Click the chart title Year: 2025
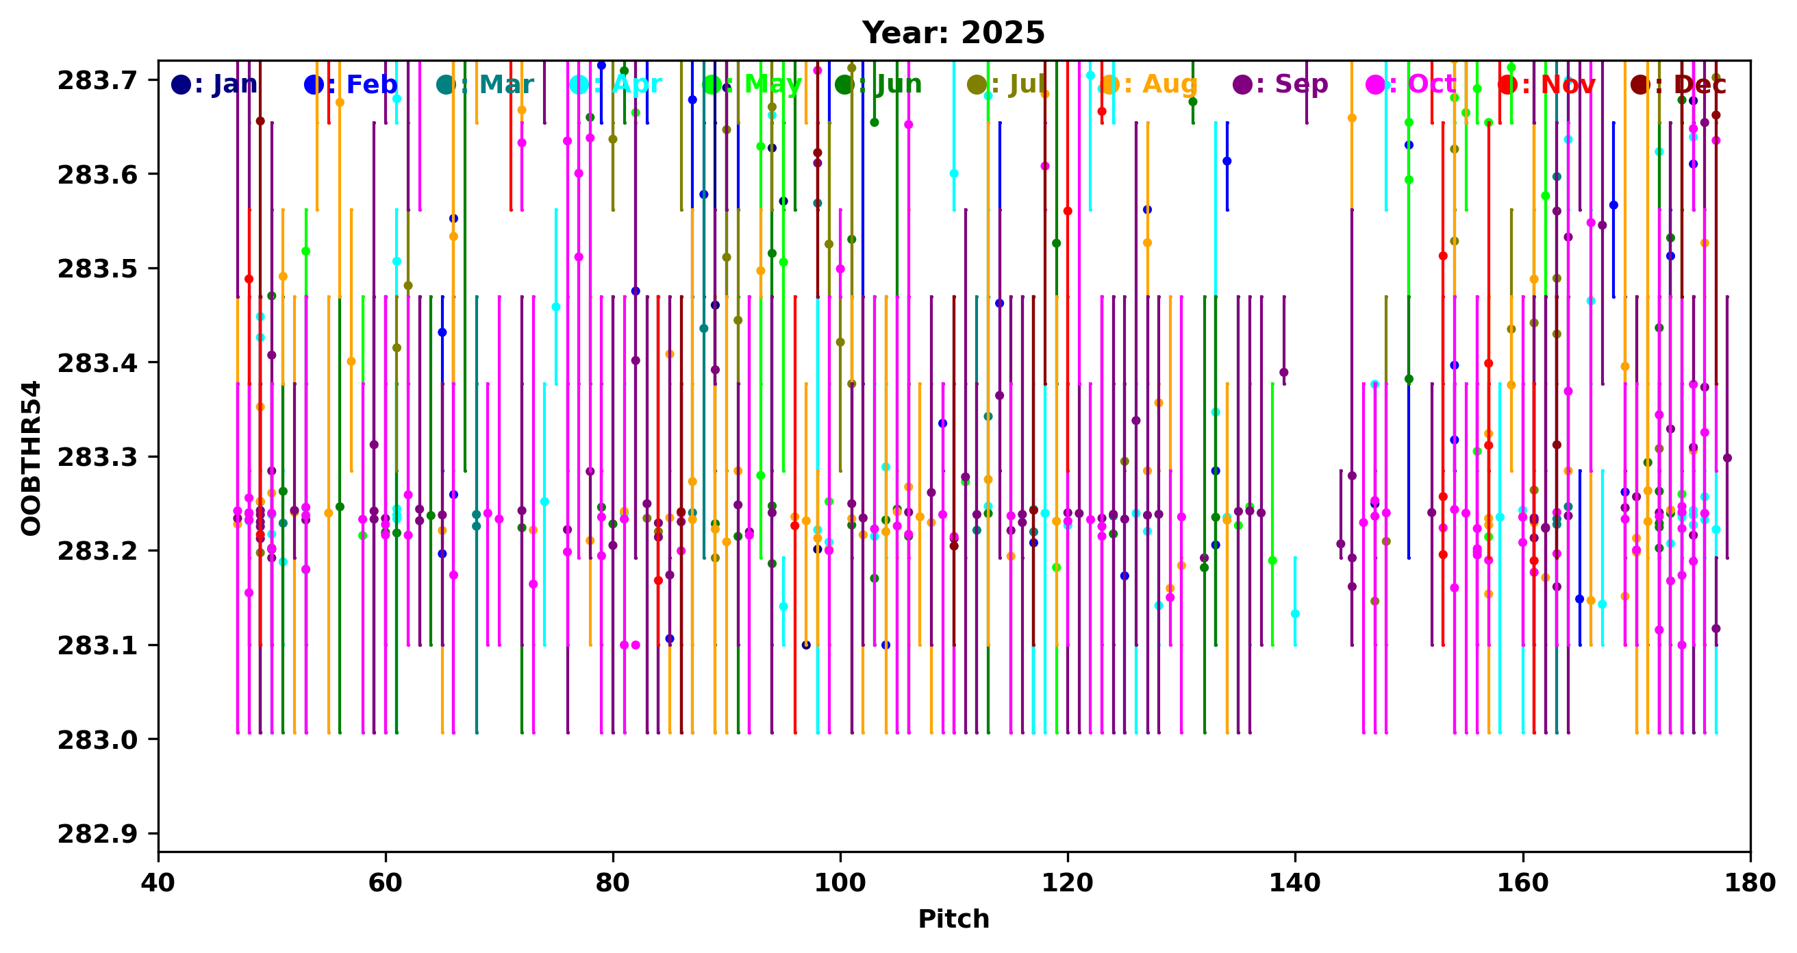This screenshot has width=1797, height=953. (953, 33)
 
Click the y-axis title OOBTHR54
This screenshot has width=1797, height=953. (32, 458)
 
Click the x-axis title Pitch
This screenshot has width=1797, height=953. (953, 919)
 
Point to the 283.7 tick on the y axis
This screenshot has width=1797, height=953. (98, 81)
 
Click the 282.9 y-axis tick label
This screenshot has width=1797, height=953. (98, 834)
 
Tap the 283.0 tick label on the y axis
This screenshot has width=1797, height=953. (98, 739)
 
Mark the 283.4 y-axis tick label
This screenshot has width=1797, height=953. (98, 364)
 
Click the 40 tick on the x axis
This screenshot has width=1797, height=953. (158, 882)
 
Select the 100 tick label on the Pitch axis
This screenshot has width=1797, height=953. (840, 882)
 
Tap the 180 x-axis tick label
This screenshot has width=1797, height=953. (1750, 882)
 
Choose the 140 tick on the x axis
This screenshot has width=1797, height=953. (1295, 882)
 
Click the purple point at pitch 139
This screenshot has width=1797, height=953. (1283, 372)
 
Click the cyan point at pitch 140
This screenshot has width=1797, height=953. (1295, 613)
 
